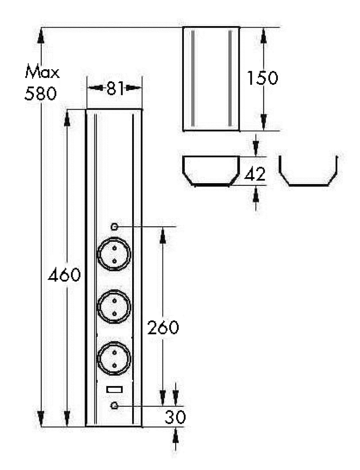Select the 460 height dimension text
coord(65,275)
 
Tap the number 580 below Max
coord(40,94)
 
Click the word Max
coord(42,72)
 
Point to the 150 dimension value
coord(262,78)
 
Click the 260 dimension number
coord(162,328)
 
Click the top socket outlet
coord(114,254)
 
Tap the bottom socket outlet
coord(114,358)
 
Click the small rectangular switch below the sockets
coord(114,390)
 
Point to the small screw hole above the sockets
coord(115,226)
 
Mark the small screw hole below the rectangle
coord(115,406)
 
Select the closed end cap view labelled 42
coord(211,171)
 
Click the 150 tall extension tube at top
coord(211,78)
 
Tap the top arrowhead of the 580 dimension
coord(41,35)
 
